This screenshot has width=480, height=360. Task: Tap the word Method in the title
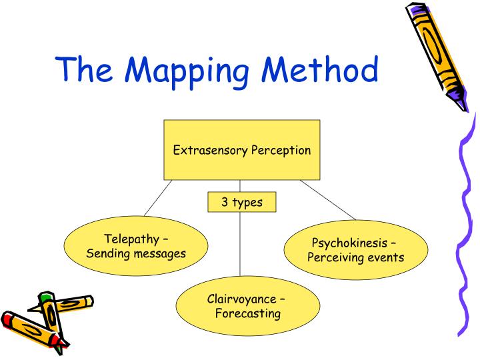320,69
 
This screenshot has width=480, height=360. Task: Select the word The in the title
83,69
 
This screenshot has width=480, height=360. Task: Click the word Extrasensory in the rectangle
210,150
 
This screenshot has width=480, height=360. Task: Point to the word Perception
281,151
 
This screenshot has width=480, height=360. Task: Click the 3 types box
242,202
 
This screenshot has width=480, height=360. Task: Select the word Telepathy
131,239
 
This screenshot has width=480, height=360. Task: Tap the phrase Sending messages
136,254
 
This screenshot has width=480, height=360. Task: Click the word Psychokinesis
349,243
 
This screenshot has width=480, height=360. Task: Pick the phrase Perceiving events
356,257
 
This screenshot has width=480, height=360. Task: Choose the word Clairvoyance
241,299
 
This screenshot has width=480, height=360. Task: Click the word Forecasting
248,314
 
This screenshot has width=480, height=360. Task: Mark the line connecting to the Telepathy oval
158,198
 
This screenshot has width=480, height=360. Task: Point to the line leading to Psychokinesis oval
328,200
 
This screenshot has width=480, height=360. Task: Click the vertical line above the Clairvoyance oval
240,244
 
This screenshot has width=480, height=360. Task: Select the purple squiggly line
466,227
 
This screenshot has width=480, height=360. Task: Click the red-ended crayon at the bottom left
31,330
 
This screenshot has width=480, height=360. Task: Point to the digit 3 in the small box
225,202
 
